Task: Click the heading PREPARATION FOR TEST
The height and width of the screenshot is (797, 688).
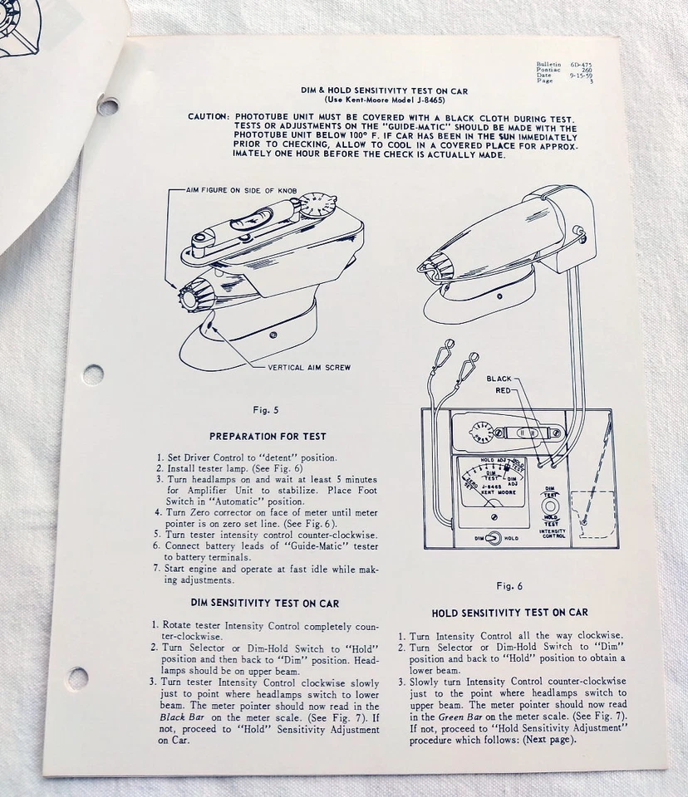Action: (x=268, y=436)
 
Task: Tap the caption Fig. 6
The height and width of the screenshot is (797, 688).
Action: (x=509, y=585)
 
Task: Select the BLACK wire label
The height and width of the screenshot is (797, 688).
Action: (x=499, y=379)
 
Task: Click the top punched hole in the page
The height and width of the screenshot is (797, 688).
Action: (x=107, y=105)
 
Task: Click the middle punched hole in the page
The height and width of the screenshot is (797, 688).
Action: (x=93, y=374)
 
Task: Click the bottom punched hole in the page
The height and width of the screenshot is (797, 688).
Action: (x=77, y=677)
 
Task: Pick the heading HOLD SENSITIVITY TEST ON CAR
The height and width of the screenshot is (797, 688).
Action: (x=510, y=613)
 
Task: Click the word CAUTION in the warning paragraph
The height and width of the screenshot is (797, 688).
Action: (x=208, y=117)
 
